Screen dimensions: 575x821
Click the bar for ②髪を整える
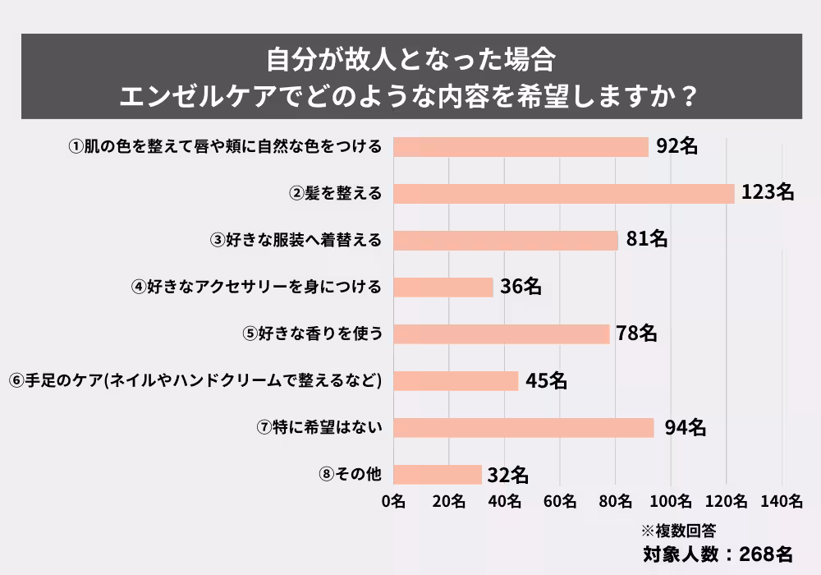coord(564,193)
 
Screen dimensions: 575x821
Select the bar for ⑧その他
coord(438,475)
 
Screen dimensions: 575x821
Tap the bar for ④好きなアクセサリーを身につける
coord(443,287)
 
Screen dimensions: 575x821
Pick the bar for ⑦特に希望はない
coord(524,428)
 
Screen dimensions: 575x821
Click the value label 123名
coord(767,193)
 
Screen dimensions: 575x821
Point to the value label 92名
coord(677,146)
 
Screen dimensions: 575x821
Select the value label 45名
coord(547,381)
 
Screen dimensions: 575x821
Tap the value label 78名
coord(638,333)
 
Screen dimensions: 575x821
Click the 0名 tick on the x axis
coord(394,500)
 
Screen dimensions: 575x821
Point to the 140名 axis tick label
coord(782,500)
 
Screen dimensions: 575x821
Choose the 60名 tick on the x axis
coord(560,500)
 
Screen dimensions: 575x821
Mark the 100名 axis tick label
coord(671,500)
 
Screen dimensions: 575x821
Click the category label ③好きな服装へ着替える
coord(296,241)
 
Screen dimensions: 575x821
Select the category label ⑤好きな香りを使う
coord(313,334)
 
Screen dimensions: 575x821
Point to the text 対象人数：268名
coord(718,554)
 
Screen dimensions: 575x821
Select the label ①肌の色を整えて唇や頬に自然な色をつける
coord(224,147)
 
